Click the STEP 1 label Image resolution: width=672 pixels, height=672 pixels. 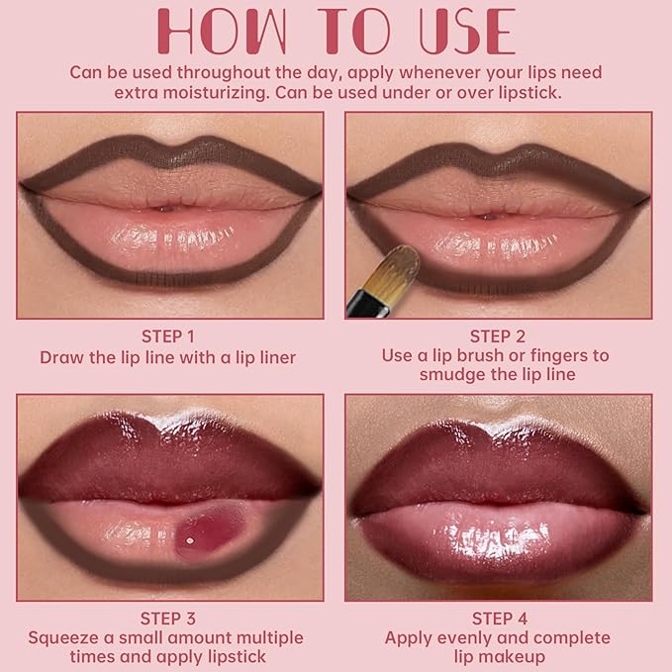(x=167, y=336)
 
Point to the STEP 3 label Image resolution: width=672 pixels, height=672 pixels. (x=167, y=619)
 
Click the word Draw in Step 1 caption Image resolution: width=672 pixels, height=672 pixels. (x=61, y=356)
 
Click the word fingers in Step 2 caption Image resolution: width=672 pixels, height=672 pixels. (x=566, y=355)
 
